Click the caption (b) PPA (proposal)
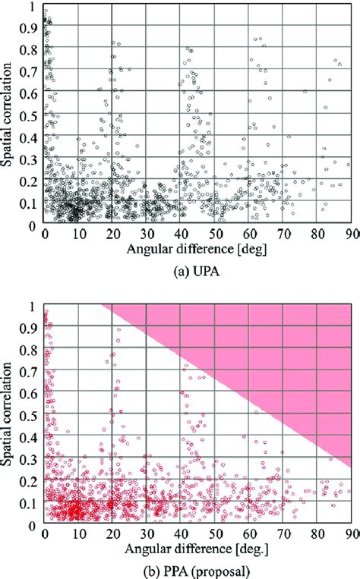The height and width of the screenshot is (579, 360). tap(197, 568)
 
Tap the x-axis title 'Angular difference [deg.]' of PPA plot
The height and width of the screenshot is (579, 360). tap(196, 546)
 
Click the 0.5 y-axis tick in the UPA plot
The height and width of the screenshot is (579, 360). tap(32, 115)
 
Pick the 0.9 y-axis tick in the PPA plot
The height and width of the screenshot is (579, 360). tap(32, 328)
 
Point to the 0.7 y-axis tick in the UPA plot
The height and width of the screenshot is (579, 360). tap(32, 71)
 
